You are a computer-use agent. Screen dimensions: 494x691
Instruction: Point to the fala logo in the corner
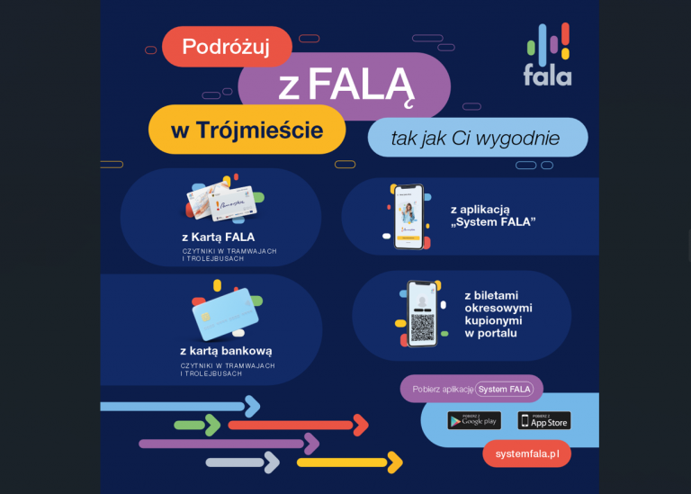click(x=547, y=56)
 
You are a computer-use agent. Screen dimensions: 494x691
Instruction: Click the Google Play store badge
click(x=474, y=420)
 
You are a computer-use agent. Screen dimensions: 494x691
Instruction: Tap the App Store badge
click(x=544, y=420)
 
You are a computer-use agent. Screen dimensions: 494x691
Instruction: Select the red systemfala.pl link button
click(x=526, y=454)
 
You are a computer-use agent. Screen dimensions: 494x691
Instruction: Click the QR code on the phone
click(x=422, y=326)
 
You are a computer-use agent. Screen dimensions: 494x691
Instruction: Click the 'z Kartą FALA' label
click(x=218, y=238)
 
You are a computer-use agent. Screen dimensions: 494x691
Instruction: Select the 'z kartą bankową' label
click(x=226, y=351)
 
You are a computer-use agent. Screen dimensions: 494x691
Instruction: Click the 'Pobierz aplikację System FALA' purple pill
click(x=471, y=389)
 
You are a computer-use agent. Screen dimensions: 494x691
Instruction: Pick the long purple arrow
click(x=229, y=444)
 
